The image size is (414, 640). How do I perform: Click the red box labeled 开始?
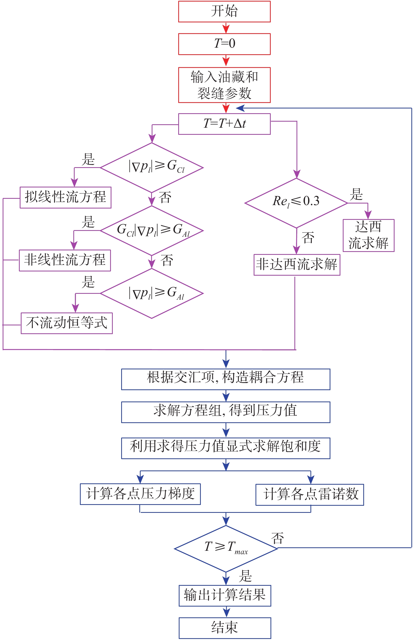point(224,12)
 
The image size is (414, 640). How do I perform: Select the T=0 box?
point(224,44)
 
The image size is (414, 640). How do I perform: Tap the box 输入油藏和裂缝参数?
point(224,85)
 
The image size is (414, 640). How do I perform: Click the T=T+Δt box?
point(224,124)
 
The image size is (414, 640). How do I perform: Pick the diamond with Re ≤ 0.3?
point(296,203)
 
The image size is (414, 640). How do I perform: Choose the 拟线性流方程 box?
point(65,197)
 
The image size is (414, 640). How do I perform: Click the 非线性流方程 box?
point(65,260)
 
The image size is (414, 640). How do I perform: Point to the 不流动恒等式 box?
point(67,323)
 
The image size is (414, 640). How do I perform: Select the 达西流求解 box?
point(368,235)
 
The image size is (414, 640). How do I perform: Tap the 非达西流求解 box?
point(297,265)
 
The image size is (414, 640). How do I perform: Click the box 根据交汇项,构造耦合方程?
point(226,379)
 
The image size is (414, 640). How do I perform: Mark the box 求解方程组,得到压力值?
point(226,412)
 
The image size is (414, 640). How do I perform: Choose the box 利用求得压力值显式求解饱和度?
point(226,448)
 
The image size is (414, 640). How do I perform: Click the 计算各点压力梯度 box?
point(140,494)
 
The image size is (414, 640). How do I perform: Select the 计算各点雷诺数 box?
point(310,494)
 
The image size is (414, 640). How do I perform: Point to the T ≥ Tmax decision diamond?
point(226,548)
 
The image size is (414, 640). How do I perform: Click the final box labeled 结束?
point(225,628)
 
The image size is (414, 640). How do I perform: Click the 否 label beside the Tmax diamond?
point(277,538)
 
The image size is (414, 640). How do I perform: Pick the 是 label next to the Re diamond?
point(356,194)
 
